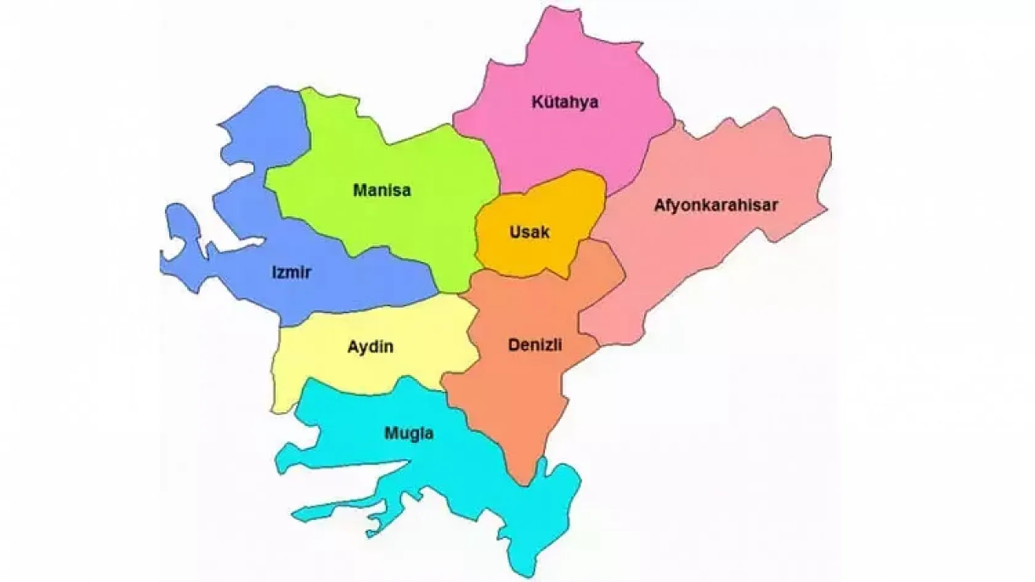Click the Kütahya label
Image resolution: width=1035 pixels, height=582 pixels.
pyautogui.click(x=564, y=102)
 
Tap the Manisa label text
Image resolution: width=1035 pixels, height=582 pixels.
pyautogui.click(x=382, y=191)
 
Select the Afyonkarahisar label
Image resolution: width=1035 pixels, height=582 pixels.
pyautogui.click(x=715, y=205)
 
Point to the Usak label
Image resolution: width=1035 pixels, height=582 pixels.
pyautogui.click(x=529, y=232)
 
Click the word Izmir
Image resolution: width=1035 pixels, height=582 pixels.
pyautogui.click(x=291, y=272)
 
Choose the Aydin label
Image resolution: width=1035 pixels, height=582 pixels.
pyautogui.click(x=370, y=347)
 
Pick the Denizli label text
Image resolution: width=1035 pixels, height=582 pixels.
pyautogui.click(x=535, y=345)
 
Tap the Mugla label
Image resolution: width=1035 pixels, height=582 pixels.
pyautogui.click(x=409, y=434)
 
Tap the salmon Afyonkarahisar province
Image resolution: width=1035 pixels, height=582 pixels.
pyautogui.click(x=708, y=258)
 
